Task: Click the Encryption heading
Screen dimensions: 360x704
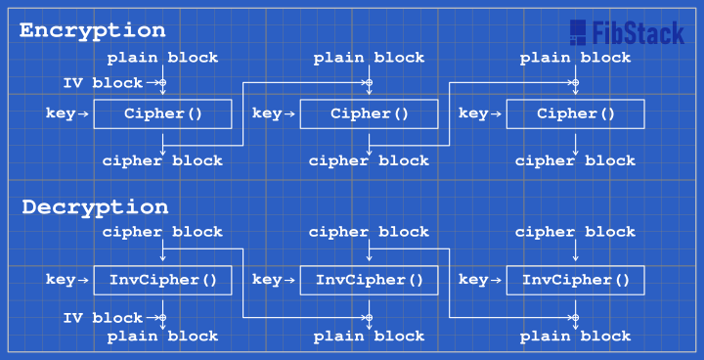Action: coord(93,30)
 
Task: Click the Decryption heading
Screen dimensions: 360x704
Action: coord(95,207)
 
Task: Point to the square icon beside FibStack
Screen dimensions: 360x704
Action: coord(578,33)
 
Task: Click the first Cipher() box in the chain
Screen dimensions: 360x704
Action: coord(162,113)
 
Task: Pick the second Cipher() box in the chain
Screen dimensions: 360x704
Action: coord(369,113)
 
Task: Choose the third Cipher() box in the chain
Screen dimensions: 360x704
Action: coord(575,113)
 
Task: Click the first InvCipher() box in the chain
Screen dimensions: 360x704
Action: coord(162,280)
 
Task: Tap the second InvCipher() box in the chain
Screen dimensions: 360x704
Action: coord(369,280)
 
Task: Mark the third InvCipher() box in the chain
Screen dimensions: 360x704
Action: coord(575,280)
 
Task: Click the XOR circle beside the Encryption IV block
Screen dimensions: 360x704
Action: coord(162,83)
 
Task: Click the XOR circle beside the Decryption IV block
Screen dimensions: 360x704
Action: coord(162,318)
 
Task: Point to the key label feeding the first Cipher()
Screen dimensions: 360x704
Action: coord(61,113)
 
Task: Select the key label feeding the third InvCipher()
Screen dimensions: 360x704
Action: coord(473,280)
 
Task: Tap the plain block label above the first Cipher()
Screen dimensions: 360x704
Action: coord(162,58)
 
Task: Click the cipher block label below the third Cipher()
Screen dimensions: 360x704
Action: coord(575,160)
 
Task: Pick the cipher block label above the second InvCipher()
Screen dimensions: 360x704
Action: coord(369,232)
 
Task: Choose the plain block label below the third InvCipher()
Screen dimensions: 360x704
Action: coord(575,337)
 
